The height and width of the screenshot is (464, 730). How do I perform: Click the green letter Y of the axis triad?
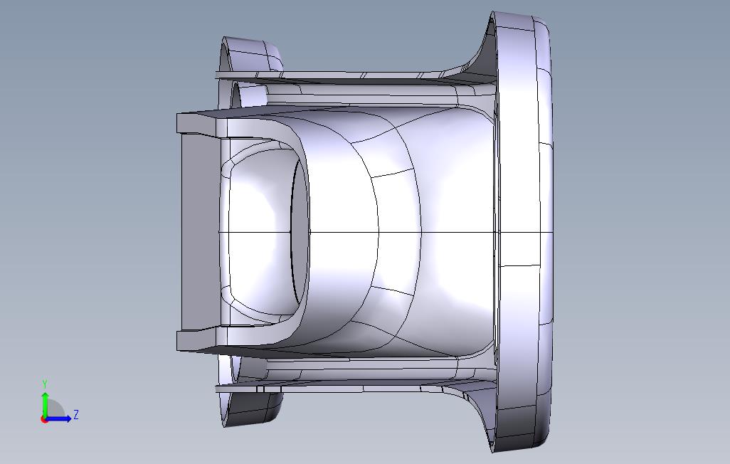45,384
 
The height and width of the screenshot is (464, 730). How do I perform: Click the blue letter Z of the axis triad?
76,414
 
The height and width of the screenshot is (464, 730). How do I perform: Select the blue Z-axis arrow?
58,418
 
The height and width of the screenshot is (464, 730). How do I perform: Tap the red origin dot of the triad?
44,420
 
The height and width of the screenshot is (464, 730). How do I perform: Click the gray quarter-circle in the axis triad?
54,409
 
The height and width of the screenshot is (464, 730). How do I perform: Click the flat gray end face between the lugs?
200,233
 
